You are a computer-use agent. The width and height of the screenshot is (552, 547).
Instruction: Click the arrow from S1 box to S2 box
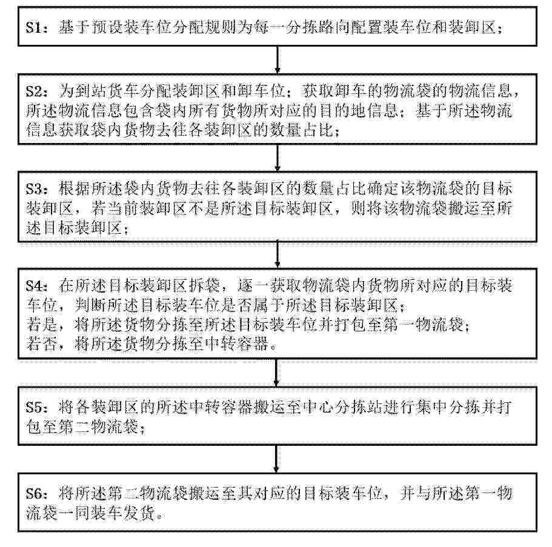coord(278,60)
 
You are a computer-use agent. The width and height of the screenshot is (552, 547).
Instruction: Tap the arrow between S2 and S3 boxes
coord(278,157)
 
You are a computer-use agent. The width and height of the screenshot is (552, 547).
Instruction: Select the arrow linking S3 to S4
coord(278,255)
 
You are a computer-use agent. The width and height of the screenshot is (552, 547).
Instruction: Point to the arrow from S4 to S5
coord(277,373)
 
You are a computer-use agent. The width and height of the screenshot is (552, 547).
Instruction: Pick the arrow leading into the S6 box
coord(277,459)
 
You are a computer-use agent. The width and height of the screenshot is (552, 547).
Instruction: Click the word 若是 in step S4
coord(42,325)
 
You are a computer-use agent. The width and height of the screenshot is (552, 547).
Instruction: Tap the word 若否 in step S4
coord(42,344)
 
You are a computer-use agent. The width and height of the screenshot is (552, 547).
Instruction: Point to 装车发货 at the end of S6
coord(123,514)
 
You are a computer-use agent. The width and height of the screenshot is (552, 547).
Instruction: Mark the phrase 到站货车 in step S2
coord(107,91)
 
